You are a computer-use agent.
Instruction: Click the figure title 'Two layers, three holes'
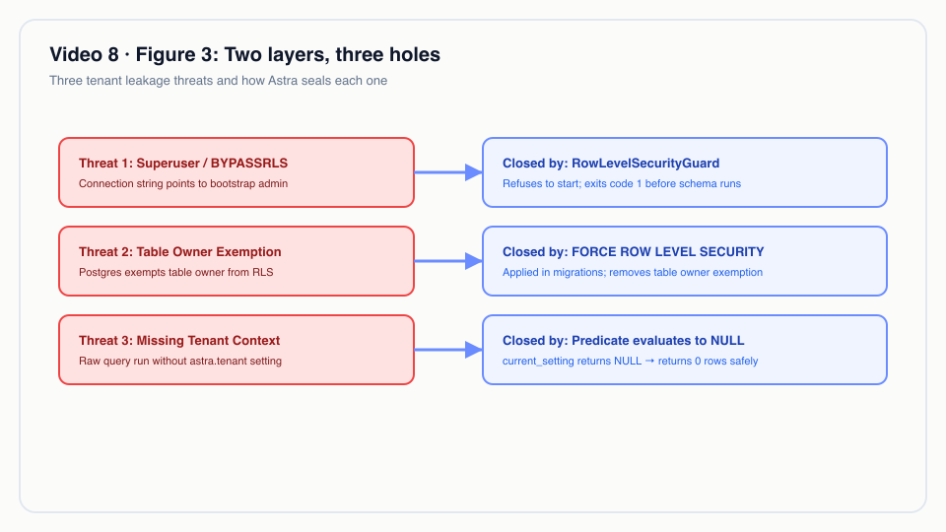point(332,55)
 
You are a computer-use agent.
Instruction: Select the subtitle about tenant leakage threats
point(219,81)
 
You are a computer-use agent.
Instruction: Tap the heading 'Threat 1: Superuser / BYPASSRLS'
point(183,164)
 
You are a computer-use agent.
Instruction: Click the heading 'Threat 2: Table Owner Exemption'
point(179,252)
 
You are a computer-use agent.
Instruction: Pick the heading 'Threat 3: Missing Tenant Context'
point(179,341)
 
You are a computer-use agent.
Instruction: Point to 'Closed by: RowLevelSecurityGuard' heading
point(611,164)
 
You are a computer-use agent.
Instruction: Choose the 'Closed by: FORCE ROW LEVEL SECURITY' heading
point(634,252)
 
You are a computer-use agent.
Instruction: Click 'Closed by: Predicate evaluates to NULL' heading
point(623,341)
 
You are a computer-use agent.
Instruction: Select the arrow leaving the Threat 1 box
point(448,172)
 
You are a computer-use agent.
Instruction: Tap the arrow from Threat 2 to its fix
point(448,261)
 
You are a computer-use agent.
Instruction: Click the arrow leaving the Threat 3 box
point(448,350)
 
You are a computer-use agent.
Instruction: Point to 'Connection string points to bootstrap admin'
point(183,184)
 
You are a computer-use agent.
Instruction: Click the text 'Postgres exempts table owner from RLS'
point(176,273)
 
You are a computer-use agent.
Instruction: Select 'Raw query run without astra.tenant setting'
point(180,362)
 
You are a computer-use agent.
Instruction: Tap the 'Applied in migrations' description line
point(633,273)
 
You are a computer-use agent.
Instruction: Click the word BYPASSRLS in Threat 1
point(249,164)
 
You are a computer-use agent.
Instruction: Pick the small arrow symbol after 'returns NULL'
point(649,361)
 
